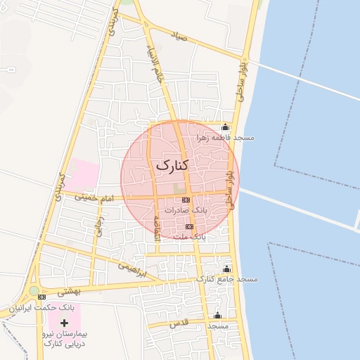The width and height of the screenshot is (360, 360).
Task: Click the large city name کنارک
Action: (171, 165)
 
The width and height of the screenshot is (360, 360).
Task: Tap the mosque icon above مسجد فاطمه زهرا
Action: (225, 128)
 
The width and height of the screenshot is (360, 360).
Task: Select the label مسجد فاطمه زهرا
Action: (226, 138)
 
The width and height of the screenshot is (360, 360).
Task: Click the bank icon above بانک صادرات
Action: (186, 200)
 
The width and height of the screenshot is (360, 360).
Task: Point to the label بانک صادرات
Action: (186, 210)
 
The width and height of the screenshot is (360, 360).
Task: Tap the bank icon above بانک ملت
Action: (188, 227)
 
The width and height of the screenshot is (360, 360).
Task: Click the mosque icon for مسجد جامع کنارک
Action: (226, 269)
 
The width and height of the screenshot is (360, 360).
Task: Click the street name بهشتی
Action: (70, 290)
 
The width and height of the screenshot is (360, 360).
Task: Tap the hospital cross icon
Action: (65, 322)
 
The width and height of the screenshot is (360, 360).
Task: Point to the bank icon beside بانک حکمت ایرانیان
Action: (41, 297)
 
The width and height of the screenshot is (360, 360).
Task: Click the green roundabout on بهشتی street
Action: (34, 290)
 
